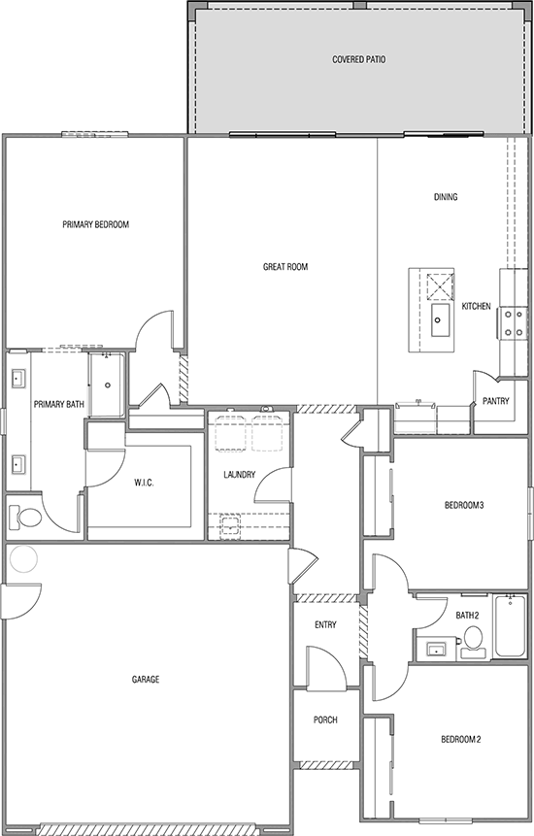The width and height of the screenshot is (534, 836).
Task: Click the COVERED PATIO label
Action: (358, 60)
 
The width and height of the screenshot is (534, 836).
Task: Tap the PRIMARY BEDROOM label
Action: (95, 224)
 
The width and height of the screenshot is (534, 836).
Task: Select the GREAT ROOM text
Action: (285, 267)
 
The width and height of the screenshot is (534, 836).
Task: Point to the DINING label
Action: (446, 197)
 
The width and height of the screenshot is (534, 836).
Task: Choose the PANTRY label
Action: (495, 401)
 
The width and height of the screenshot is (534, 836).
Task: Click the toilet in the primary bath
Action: (25, 518)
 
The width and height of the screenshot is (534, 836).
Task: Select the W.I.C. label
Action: (144, 483)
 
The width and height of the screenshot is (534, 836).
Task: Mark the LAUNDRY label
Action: (239, 474)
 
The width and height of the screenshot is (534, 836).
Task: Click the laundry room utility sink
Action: (230, 524)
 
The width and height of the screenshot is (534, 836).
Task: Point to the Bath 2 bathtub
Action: (511, 626)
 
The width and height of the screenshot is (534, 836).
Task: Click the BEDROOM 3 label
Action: (464, 505)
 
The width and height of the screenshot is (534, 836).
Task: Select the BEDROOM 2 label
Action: (461, 740)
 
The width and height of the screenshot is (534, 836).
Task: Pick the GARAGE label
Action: (146, 680)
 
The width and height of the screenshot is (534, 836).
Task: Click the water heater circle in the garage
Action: (23, 558)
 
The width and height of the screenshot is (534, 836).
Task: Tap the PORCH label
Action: (325, 719)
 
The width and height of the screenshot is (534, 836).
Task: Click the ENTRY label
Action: (325, 625)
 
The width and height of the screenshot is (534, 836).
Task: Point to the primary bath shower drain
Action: (107, 385)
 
